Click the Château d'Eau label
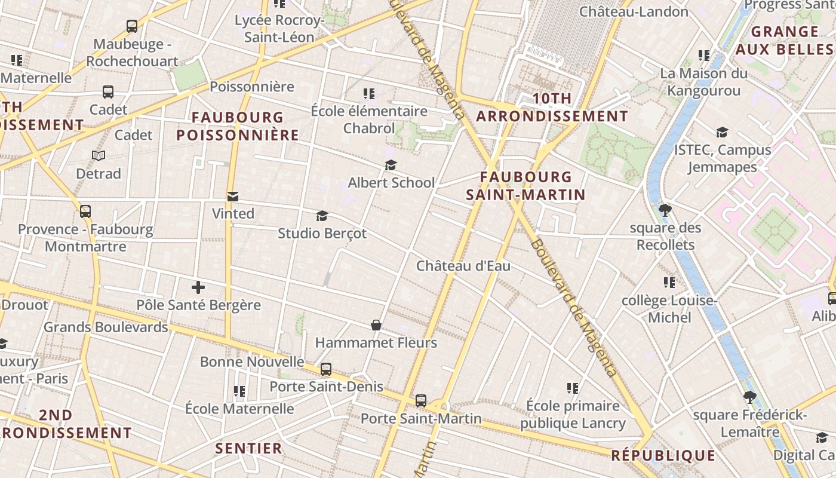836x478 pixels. coord(463,266)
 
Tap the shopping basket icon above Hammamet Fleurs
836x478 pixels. coord(376,325)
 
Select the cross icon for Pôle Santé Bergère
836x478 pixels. coord(198,287)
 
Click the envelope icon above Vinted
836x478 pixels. coord(233,196)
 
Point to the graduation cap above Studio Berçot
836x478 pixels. coord(322,216)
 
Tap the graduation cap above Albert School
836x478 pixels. coord(391,165)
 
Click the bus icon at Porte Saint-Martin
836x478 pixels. coord(421,400)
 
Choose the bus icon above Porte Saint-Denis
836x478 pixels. coord(326,369)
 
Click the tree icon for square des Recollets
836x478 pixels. coord(665,210)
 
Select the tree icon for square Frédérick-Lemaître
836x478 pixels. coord(749,397)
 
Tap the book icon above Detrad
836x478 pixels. coord(99,156)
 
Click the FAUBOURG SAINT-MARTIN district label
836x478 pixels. coord(525,186)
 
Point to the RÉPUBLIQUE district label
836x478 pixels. coord(663,456)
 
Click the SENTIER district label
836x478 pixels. coord(248,448)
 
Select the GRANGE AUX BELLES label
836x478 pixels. coord(784,41)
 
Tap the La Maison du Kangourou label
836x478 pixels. coord(704,82)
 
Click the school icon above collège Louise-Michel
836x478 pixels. coord(669,282)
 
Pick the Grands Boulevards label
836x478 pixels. coord(106,327)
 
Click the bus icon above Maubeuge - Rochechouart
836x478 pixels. coord(132,26)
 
